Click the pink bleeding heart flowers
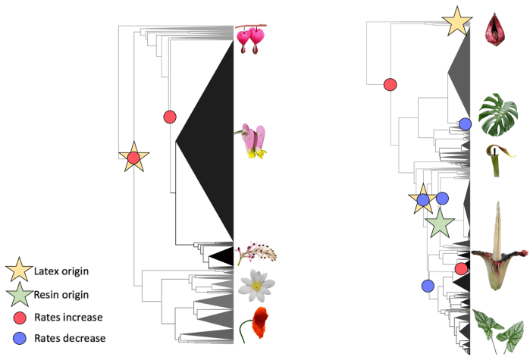(x=253, y=39)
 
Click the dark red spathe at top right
(x=497, y=27)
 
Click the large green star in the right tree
(x=439, y=224)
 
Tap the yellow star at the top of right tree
(x=458, y=21)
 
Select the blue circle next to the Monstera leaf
(x=465, y=124)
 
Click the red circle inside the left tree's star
(x=133, y=158)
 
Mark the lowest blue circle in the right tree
(x=427, y=286)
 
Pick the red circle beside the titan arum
(x=461, y=268)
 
